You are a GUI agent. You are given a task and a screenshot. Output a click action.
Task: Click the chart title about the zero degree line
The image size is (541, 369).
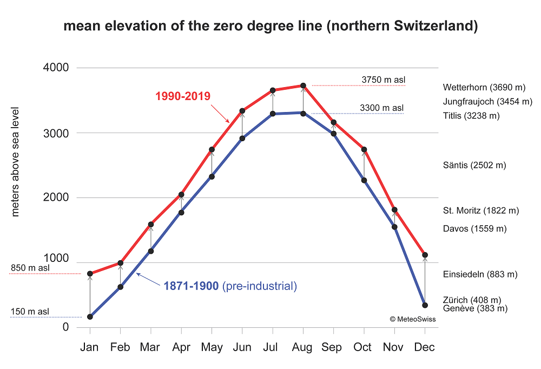coord(270,27)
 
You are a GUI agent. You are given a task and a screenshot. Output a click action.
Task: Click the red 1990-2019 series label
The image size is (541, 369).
coord(182,96)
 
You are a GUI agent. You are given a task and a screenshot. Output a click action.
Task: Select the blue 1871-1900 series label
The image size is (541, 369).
coord(192,286)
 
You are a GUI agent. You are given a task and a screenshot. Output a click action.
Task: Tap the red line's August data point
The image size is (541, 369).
coord(303,85)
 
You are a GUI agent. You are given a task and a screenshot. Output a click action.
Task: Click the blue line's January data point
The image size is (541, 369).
coord(90,317)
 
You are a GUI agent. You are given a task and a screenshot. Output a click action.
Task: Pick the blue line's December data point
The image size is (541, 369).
coord(425,305)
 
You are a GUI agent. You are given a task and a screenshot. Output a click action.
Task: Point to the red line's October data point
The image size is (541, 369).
coord(364,149)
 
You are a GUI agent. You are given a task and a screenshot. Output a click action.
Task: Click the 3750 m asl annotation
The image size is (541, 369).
coord(383,80)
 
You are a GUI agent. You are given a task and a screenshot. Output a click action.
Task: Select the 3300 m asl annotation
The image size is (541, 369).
coord(381,108)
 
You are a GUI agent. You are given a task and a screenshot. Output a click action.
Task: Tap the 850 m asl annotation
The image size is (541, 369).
coord(30,268)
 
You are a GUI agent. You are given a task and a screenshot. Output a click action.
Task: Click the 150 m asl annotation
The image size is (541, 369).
coord(30,312)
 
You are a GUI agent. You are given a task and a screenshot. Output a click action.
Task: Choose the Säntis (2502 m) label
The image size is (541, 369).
coord(474,165)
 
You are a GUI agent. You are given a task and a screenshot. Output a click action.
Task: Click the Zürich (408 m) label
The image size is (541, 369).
coord(471,300)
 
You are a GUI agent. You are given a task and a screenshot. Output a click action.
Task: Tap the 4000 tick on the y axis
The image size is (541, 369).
coord(56,68)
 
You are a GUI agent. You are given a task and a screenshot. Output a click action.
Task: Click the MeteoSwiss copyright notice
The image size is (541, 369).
coord(412,319)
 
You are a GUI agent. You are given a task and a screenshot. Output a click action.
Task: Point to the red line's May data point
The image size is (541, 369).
coord(212,149)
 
